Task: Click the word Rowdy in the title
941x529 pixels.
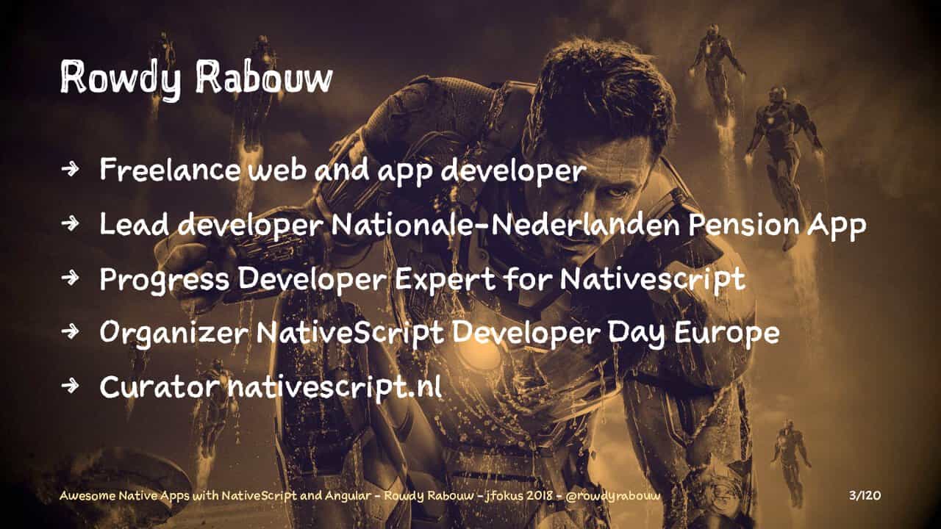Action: (x=121, y=79)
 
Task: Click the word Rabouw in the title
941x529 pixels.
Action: (x=264, y=77)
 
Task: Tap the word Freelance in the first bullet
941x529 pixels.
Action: (x=170, y=170)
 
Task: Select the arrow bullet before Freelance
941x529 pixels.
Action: (x=70, y=169)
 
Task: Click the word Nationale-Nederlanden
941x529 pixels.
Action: (x=505, y=225)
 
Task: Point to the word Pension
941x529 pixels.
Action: (x=744, y=225)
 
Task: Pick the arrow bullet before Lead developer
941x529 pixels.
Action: (x=70, y=224)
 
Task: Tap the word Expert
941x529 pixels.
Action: (x=445, y=278)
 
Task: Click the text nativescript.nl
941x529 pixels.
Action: (x=334, y=388)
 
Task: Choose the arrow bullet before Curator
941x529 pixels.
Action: (x=70, y=386)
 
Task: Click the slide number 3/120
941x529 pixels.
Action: (x=865, y=495)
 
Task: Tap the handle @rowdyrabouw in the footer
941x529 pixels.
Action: (x=613, y=496)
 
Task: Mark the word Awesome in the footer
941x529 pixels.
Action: (x=87, y=496)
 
